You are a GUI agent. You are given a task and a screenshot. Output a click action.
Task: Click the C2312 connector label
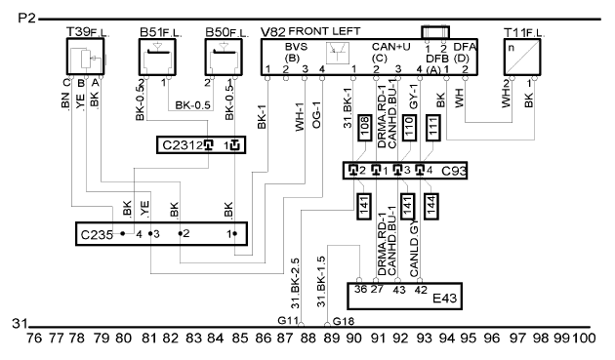coord(183,145)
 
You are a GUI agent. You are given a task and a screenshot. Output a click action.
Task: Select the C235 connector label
coord(97,235)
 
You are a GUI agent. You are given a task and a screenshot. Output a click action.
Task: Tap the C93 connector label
coord(454,171)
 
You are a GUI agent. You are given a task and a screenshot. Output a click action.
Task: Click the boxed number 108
coord(365,128)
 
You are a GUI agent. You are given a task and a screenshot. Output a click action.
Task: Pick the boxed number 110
coord(409,128)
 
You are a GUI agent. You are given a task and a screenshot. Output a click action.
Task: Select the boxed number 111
coord(433,128)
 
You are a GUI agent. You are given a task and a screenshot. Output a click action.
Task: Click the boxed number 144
coord(431,206)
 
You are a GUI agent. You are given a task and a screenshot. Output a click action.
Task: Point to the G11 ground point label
coord(288,320)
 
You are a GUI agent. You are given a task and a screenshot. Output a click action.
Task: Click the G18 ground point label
coord(344,322)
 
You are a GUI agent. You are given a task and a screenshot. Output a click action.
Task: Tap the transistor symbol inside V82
coord(338,53)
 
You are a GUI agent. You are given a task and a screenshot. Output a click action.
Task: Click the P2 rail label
coord(26,18)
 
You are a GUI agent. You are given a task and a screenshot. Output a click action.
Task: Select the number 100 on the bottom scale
coord(584,338)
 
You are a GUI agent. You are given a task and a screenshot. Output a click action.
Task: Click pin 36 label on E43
coord(360,290)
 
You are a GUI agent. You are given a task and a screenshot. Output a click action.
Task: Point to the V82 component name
coord(273,32)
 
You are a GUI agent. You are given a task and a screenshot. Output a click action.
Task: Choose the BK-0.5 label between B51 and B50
coord(192,105)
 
